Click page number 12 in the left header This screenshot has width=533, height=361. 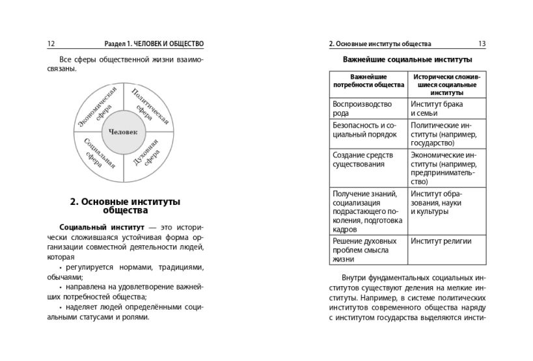pyautogui.click(x=50, y=44)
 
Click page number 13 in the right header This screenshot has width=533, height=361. pyautogui.click(x=482, y=44)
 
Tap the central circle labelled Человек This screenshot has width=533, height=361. pyautogui.click(x=124, y=133)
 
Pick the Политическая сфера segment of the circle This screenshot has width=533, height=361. pyautogui.click(x=149, y=106)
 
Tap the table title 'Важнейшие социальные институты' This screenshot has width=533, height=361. pyautogui.click(x=407, y=60)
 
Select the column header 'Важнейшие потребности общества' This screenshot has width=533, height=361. pyautogui.click(x=368, y=80)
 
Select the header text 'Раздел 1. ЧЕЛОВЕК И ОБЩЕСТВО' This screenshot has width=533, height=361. pyautogui.click(x=154, y=44)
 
